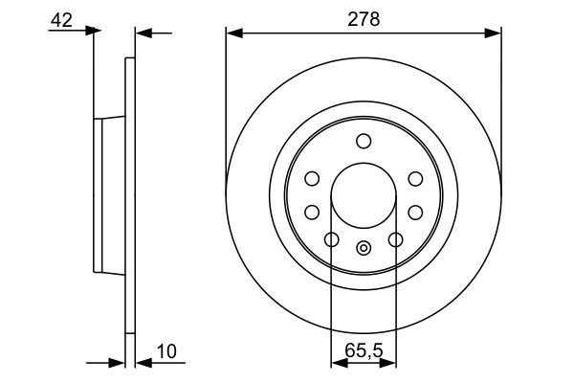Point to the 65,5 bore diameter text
pyautogui.click(x=364, y=350)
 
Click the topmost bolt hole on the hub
pyautogui.click(x=364, y=142)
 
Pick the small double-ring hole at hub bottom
pyautogui.click(x=364, y=249)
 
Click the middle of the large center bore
pyautogui.click(x=364, y=196)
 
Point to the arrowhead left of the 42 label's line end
pyautogui.click(x=93, y=32)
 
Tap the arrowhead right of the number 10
pyautogui.click(x=143, y=364)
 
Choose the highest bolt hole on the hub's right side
pyautogui.click(x=414, y=178)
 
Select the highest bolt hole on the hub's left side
pyautogui.click(x=312, y=178)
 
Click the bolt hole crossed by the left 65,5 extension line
pyautogui.click(x=332, y=239)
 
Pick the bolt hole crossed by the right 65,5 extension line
pyautogui.click(x=394, y=239)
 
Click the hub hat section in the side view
pyautogui.click(x=107, y=196)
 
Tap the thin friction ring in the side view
pyautogui.click(x=130, y=196)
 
